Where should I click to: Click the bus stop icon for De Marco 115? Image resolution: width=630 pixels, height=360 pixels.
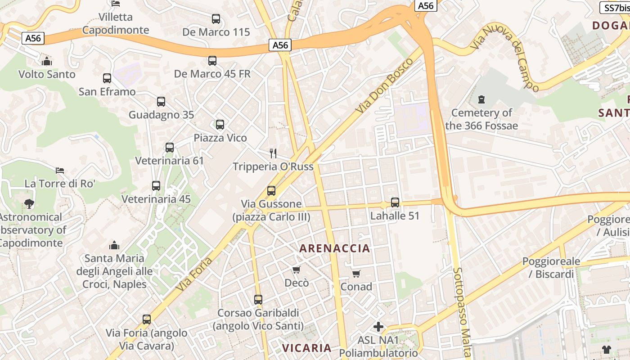tap(216, 19)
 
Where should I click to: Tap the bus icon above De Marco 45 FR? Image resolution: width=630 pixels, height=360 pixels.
tap(212, 60)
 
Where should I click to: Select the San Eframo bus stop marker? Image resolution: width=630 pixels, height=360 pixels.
tap(107, 78)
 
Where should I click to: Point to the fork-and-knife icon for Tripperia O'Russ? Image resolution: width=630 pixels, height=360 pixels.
tap(273, 153)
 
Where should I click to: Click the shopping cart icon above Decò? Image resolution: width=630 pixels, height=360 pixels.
tap(297, 270)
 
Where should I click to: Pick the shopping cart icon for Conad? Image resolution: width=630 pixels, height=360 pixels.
tap(356, 274)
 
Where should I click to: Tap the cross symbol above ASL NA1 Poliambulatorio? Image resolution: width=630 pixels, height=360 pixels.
tap(378, 327)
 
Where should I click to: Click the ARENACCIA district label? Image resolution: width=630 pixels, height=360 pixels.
tap(335, 248)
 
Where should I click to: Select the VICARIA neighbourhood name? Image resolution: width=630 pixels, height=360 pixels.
tap(306, 348)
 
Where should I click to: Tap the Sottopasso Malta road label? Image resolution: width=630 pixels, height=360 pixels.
tap(462, 313)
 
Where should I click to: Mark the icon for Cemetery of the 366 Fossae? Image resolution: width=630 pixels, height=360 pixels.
tap(481, 99)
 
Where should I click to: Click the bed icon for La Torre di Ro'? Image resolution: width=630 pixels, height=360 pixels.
tap(60, 170)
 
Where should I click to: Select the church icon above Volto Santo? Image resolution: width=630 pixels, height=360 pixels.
tap(47, 61)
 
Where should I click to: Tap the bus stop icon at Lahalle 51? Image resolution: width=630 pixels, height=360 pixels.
tap(395, 202)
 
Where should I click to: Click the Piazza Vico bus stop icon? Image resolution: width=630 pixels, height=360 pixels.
tap(220, 125)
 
